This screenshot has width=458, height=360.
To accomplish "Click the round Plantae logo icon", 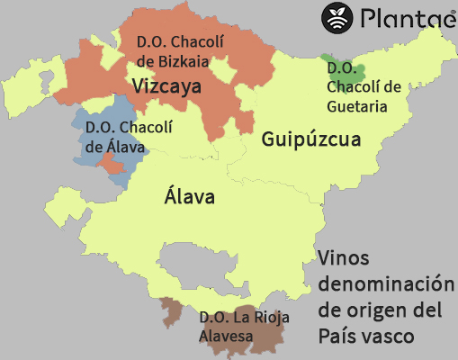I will (x=338, y=17).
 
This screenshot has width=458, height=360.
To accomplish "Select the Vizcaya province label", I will (x=166, y=86).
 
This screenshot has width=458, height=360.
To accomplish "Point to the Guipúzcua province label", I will (x=311, y=139).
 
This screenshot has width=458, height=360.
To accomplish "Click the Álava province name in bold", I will (x=189, y=196).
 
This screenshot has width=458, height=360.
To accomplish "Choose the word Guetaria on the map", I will (x=357, y=106).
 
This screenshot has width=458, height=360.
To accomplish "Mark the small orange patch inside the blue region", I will (x=111, y=165).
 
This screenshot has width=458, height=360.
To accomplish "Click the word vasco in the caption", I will (x=387, y=336).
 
